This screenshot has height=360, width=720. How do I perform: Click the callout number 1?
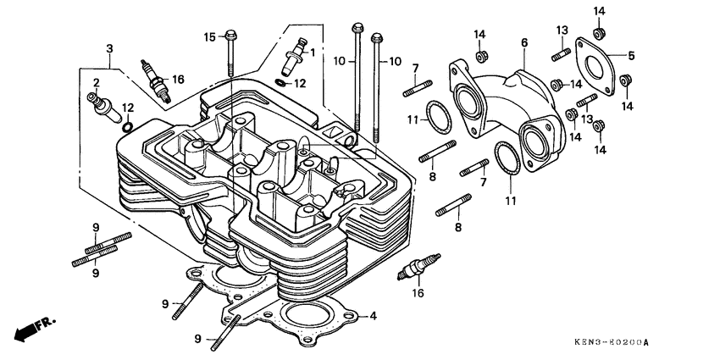coord(312,52)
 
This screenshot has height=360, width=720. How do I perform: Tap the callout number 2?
coord(97,82)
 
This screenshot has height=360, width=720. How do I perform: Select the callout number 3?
coord(109,50)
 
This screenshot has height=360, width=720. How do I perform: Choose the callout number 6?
coord(524,43)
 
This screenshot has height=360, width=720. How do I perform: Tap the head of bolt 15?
coord(231,36)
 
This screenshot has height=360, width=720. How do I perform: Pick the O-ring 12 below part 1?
coord(280,83)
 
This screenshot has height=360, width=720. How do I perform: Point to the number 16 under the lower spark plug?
coord(418,293)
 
